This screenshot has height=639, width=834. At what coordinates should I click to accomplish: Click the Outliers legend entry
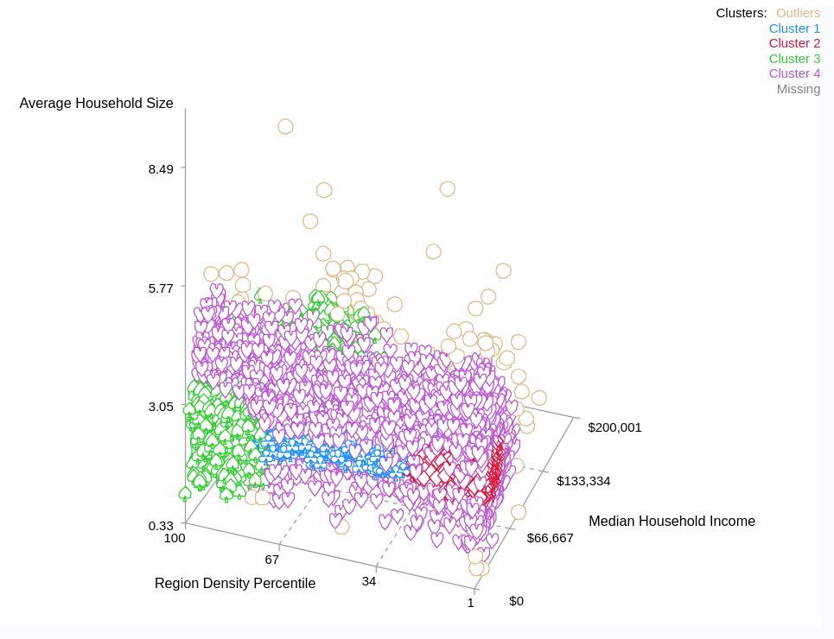[798, 13]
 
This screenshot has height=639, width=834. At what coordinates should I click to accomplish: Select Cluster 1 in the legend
[794, 28]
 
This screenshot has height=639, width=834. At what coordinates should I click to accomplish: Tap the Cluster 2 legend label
[794, 43]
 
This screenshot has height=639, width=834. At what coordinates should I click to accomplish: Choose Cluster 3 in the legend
[794, 59]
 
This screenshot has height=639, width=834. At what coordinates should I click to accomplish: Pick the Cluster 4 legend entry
[794, 73]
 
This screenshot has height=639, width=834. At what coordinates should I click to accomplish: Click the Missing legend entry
[798, 89]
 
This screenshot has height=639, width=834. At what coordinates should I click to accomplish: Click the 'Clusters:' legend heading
[741, 13]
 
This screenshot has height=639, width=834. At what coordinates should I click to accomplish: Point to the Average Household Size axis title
[96, 104]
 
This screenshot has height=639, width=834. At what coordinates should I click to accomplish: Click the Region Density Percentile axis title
[235, 584]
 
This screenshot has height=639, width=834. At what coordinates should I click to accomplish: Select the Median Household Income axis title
[672, 522]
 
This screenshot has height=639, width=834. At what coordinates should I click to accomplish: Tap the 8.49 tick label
[161, 169]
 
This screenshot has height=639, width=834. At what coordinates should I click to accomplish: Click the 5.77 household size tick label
[161, 288]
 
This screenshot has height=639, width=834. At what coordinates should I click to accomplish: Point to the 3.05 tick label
[161, 407]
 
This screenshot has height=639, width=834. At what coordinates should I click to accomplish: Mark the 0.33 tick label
[161, 526]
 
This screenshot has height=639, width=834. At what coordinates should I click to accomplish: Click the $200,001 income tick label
[614, 427]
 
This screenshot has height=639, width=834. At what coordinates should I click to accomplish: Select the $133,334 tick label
[583, 481]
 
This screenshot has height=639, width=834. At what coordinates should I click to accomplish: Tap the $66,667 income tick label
[550, 538]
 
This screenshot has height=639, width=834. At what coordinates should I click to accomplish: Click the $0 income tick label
[516, 601]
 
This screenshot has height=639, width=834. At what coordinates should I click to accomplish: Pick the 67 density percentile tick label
[272, 560]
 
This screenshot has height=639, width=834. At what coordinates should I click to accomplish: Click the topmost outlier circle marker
[285, 127]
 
